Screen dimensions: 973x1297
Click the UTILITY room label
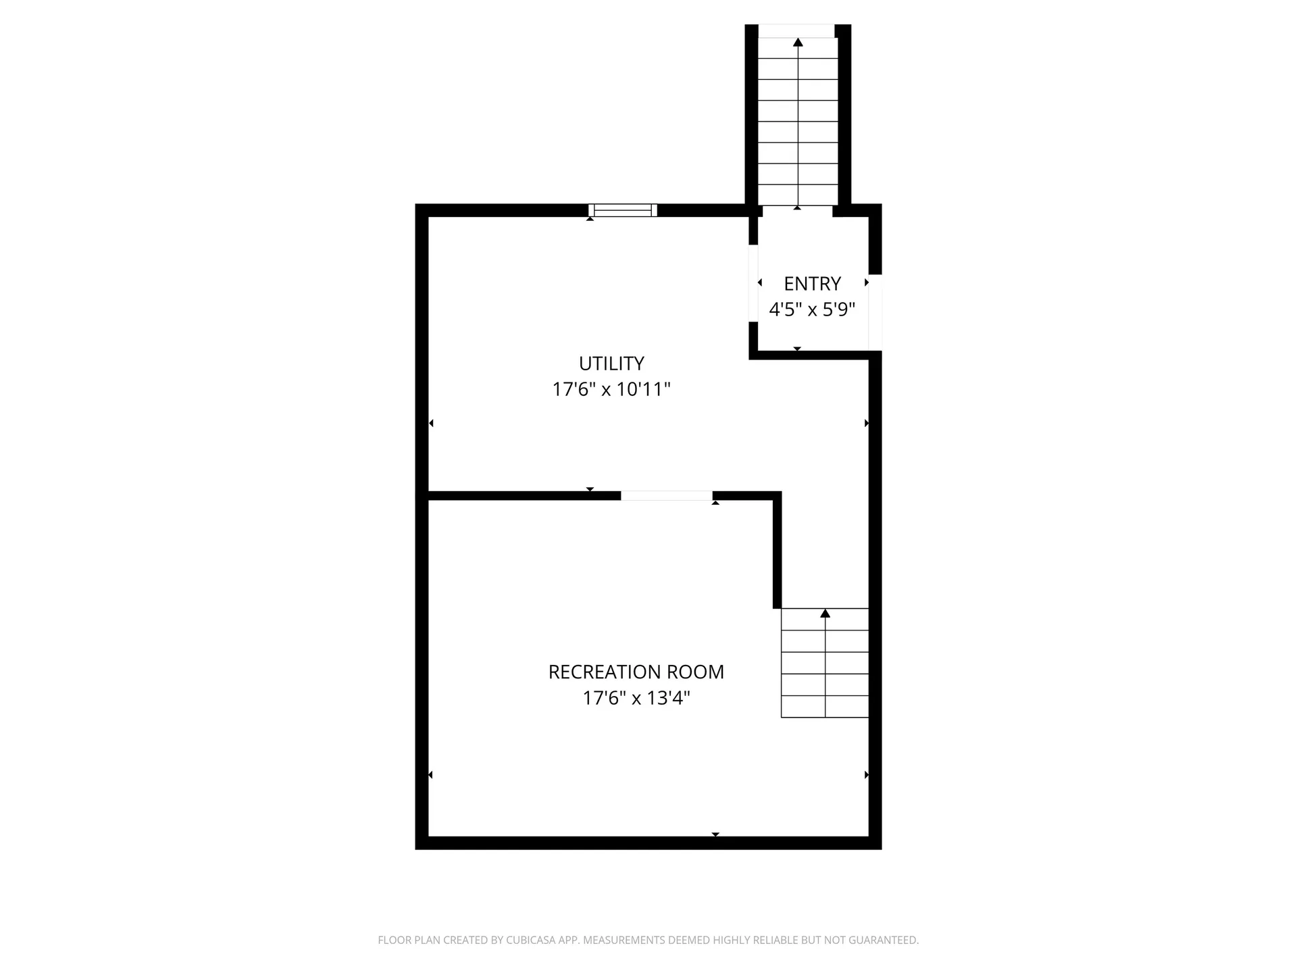point(611,364)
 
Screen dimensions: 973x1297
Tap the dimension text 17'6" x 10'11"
point(611,389)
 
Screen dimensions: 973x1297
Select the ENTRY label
point(812,284)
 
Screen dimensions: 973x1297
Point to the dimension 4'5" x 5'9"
point(812,309)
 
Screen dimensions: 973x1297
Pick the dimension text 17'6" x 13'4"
point(636,698)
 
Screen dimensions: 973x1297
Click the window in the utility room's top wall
point(623,210)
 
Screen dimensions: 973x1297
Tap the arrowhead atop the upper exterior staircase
point(798,43)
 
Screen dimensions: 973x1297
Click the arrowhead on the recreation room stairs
point(825,614)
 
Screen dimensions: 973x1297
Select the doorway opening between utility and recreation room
point(667,496)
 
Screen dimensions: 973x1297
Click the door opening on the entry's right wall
point(875,312)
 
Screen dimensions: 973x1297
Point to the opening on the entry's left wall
point(753,283)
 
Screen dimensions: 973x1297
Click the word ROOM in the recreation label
point(695,672)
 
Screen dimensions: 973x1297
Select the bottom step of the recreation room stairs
point(825,706)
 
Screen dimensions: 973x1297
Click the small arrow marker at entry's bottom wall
point(797,349)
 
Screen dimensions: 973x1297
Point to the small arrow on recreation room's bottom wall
point(715,834)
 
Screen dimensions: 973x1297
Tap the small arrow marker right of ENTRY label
point(866,282)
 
